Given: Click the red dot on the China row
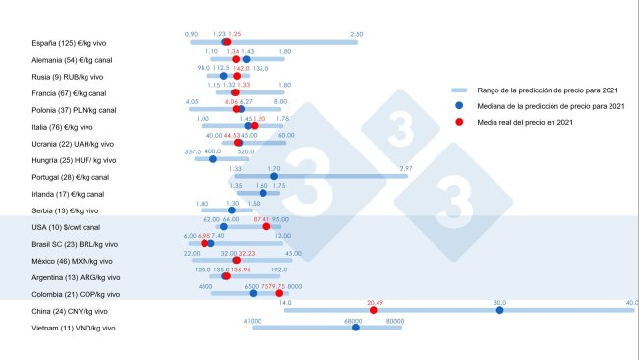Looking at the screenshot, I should [373, 311].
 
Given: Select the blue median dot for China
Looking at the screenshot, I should [499, 311].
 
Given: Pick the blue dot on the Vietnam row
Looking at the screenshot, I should [356, 327].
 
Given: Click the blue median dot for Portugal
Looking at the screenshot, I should [274, 177].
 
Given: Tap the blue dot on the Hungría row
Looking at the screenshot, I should [213, 160].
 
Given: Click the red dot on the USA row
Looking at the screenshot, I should [266, 227].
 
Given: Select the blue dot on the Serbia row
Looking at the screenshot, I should [232, 210].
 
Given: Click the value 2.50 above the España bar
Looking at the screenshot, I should [356, 35].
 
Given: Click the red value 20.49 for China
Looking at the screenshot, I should [374, 302].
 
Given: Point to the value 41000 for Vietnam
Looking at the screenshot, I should [253, 319].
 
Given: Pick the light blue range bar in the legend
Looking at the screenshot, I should [458, 90].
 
